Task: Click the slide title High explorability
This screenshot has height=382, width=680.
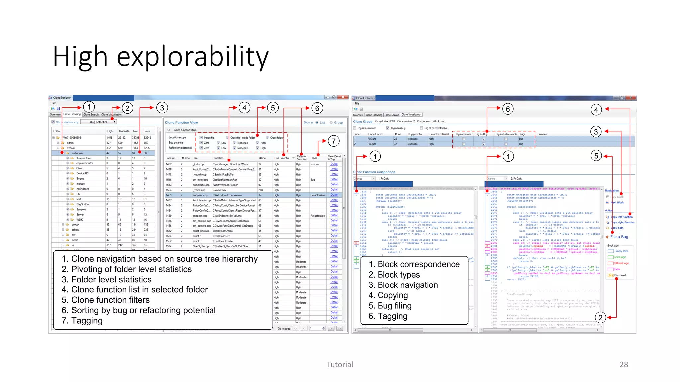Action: point(161,57)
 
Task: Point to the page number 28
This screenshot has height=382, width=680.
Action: point(624,364)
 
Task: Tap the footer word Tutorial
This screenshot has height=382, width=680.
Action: point(340,364)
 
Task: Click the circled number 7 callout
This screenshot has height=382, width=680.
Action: point(333,141)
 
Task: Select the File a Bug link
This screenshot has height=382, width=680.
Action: point(619,237)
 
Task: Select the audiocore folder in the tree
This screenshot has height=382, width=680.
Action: point(77,153)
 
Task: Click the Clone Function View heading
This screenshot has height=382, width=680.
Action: point(181,122)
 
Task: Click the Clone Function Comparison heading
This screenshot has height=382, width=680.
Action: point(374,172)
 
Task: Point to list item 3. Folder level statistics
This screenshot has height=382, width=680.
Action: point(107,279)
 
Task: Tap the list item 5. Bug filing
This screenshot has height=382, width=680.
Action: point(390,306)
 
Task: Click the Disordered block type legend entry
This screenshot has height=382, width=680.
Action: point(620,275)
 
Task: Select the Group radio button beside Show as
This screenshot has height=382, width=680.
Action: point(331,123)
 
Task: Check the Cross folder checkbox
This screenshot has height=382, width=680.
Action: point(267,138)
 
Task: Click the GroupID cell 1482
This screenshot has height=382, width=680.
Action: point(169,164)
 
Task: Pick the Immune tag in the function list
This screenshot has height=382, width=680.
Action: point(315,164)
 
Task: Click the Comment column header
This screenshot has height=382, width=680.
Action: point(543,134)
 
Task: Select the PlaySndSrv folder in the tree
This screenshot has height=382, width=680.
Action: point(81,204)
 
